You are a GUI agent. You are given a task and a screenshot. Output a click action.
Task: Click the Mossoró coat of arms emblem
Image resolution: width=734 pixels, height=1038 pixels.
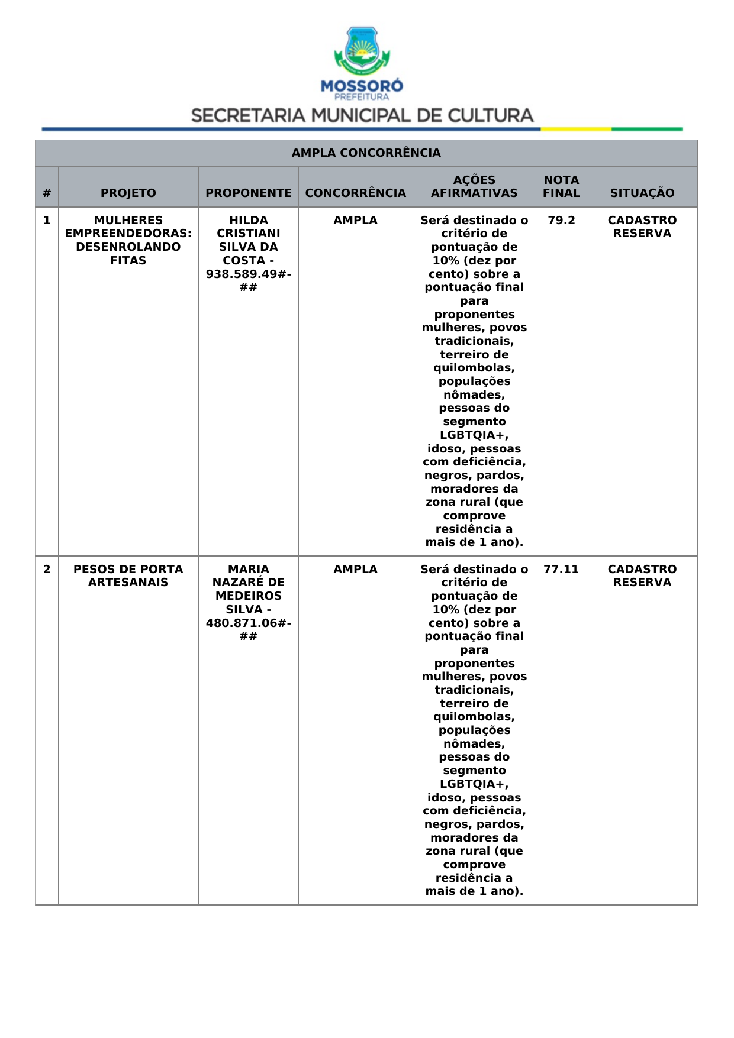(x=362, y=51)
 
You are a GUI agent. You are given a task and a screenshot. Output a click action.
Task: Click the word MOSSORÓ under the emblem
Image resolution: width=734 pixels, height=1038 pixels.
(x=362, y=86)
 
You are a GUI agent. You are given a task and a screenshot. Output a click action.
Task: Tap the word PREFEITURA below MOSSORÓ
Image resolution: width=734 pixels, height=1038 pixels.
(x=362, y=97)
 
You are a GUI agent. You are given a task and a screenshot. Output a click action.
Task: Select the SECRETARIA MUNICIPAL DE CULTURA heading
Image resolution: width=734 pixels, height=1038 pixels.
(x=362, y=115)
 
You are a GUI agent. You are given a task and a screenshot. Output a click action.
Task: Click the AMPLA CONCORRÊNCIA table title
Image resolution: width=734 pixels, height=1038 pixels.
(x=366, y=153)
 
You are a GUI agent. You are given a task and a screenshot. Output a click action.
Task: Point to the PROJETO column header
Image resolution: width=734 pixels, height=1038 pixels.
(x=128, y=193)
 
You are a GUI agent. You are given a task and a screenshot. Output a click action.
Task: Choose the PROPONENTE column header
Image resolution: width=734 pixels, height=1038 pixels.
(x=248, y=193)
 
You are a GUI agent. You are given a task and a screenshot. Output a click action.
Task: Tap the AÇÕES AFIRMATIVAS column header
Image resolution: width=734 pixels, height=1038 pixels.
(x=474, y=186)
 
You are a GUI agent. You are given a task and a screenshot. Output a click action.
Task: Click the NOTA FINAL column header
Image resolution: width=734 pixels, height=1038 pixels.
(x=561, y=186)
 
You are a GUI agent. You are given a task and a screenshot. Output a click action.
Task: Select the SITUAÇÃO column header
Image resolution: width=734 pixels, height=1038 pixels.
(x=642, y=193)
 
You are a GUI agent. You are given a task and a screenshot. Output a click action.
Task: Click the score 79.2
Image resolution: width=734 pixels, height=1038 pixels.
(x=561, y=221)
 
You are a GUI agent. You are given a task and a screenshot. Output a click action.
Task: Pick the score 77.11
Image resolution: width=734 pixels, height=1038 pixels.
(x=561, y=570)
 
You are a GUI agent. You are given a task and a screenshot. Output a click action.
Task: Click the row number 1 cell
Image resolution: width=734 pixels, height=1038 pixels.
(x=47, y=221)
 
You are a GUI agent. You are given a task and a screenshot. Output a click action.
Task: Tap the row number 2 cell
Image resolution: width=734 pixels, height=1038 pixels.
(x=47, y=570)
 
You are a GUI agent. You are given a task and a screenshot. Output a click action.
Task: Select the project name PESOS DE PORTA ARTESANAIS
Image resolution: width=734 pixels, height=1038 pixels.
(x=128, y=575)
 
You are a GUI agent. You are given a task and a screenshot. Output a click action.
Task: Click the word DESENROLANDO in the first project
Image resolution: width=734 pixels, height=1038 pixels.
(x=128, y=247)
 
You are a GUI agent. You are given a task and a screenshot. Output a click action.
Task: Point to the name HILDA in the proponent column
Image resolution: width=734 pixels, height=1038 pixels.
(x=248, y=221)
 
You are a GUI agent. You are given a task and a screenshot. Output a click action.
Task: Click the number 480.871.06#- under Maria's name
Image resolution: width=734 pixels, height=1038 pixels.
(x=248, y=623)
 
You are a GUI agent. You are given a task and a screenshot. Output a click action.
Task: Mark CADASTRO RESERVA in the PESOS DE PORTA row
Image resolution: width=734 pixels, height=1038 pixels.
(x=642, y=575)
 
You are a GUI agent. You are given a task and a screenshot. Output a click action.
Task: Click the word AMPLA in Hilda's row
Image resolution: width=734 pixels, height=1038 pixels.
(x=355, y=221)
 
